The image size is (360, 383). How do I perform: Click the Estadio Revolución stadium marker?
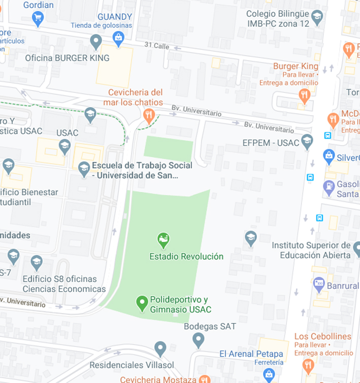tap(163, 239)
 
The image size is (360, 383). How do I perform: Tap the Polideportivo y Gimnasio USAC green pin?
tap(142, 303)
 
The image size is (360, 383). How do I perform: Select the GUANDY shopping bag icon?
tap(118, 38)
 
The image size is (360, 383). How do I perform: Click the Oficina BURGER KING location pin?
tap(95, 42)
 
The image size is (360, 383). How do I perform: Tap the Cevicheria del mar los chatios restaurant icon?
tap(149, 116)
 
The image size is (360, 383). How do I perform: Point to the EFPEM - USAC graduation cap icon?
tap(307, 142)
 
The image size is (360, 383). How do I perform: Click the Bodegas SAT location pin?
tap(199, 339)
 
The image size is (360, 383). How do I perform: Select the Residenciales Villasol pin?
tap(160, 349)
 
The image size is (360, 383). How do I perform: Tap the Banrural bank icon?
tap(319, 285)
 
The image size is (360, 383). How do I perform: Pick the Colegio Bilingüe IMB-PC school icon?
tap(317, 17)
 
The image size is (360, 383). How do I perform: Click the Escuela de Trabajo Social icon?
tap(84, 168)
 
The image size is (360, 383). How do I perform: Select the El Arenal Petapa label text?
tap(251, 354)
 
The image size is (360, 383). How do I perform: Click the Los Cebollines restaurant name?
tap(322, 336)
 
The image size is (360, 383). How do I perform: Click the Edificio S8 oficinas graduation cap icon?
tap(37, 263)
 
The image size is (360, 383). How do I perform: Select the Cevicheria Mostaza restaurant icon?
tap(205, 379)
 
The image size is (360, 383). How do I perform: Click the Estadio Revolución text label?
tap(186, 256)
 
